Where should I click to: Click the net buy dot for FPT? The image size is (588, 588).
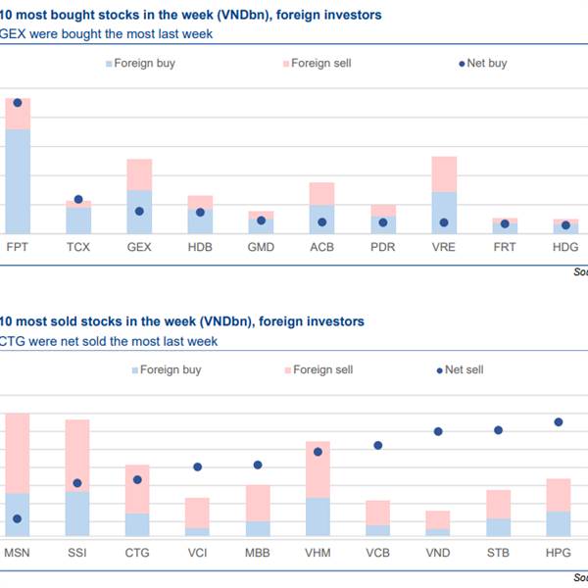coord(18,102)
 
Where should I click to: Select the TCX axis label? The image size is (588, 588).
coord(78,247)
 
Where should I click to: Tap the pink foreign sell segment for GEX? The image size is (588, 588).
coord(139,174)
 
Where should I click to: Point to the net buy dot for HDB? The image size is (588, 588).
coord(200,212)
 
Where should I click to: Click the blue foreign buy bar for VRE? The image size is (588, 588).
coord(444,213)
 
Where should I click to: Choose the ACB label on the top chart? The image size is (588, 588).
coord(321,247)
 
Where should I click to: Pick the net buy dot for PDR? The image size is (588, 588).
coord(383,222)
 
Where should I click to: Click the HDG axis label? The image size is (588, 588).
coord(565,247)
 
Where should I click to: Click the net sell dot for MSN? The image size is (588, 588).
coord(17,519)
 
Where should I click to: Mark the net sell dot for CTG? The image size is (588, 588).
coord(137,479)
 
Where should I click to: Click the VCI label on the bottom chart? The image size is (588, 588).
coord(198,554)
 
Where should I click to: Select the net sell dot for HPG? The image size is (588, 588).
coord(559,422)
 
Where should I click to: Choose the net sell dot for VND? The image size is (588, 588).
coord(438,431)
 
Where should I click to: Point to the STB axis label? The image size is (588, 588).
coord(498,554)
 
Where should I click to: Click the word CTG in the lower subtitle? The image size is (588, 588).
coord(14,341)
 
